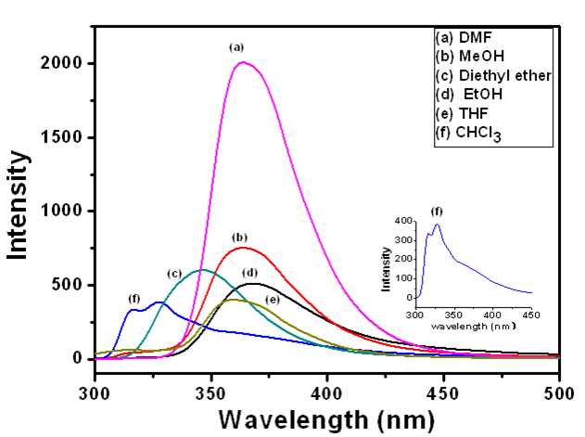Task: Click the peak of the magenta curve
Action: tap(243, 63)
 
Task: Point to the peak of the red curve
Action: tap(243, 248)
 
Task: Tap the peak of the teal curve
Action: tap(201, 270)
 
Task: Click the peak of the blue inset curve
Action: tap(437, 224)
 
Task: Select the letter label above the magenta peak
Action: tap(236, 46)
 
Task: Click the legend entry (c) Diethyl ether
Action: tap(493, 75)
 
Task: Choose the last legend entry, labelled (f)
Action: tap(469, 134)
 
